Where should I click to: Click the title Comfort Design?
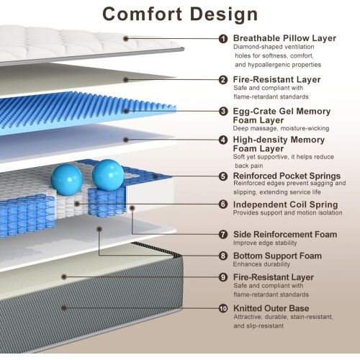click(x=180, y=14)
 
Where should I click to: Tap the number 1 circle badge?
click(x=223, y=39)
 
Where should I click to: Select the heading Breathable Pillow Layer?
click(x=284, y=38)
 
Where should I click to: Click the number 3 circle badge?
click(x=223, y=112)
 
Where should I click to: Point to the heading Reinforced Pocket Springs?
click(x=287, y=176)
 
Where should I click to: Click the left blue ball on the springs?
click(x=67, y=179)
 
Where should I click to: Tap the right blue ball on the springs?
click(x=108, y=175)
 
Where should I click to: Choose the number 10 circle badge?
click(x=223, y=308)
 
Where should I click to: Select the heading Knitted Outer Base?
click(x=271, y=308)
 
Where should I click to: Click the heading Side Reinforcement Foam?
click(x=285, y=235)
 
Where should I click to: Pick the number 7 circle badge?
click(x=223, y=235)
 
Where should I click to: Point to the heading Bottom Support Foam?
click(x=277, y=256)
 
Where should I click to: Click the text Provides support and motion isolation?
click(x=288, y=212)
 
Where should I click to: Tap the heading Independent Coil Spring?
click(x=286, y=204)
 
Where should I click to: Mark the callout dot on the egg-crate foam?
click(x=126, y=111)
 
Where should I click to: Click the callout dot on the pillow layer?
click(x=126, y=38)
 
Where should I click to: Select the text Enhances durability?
click(x=261, y=264)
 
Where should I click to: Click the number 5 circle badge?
click(x=223, y=176)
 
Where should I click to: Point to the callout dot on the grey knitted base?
click(x=64, y=308)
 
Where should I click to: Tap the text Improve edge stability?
click(x=265, y=243)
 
